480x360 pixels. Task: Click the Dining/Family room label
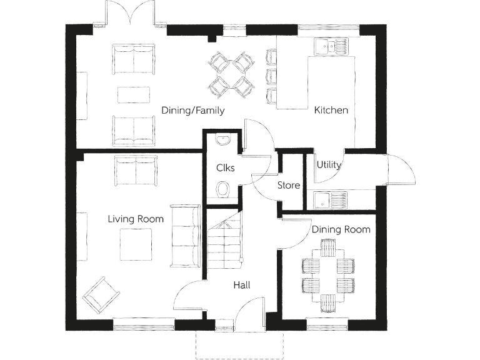[x=192, y=111]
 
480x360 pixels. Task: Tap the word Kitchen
[x=331, y=111]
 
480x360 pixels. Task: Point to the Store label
[x=288, y=186]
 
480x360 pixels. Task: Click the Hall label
[x=242, y=285]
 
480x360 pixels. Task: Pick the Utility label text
[x=329, y=166]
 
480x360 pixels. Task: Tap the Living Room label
[x=136, y=219]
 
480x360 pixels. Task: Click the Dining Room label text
[x=341, y=229]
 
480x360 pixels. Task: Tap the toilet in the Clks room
[x=224, y=189]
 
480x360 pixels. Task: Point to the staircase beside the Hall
[x=222, y=241]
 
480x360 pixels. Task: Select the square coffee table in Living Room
[x=136, y=245]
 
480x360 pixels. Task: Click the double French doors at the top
[x=130, y=14]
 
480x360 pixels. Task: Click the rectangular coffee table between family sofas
[x=134, y=94]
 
